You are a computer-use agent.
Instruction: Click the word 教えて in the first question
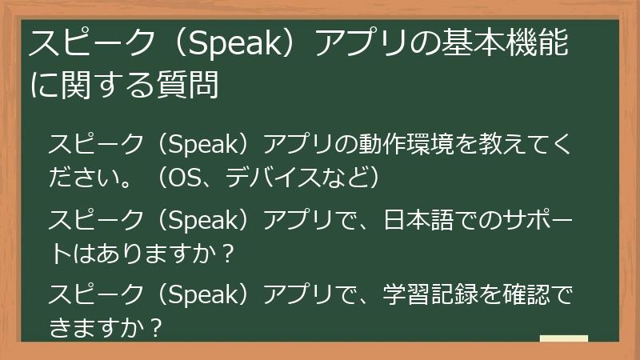[507, 146]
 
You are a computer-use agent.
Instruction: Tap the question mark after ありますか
[226, 253]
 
